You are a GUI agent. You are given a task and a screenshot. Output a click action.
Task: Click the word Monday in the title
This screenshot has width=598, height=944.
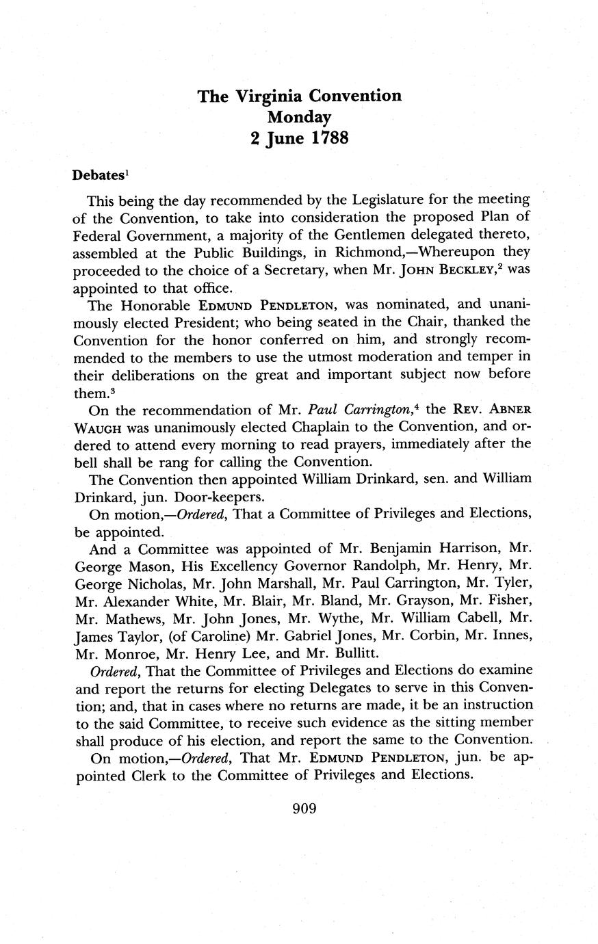[x=299, y=116]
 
